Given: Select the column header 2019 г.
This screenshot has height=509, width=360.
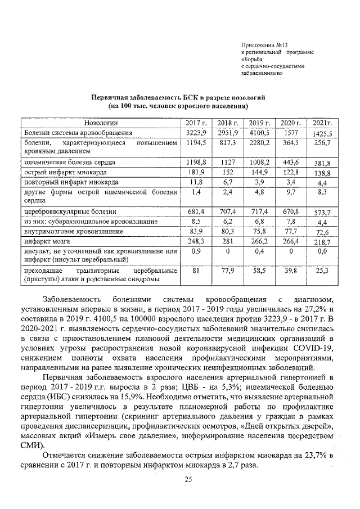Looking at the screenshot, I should (x=260, y=123).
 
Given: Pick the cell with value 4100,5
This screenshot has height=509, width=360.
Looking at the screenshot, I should (x=260, y=133).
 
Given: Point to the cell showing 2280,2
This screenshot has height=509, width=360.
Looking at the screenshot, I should (x=260, y=143).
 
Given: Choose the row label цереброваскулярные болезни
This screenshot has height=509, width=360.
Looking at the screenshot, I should (x=70, y=211).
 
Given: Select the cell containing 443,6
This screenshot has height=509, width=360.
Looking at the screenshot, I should (x=291, y=162).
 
